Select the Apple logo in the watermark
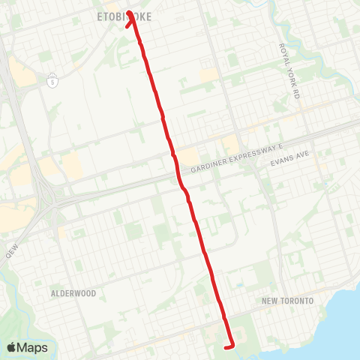pyautogui.click(x=12, y=348)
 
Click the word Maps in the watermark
pyautogui.click(x=33, y=348)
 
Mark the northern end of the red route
pyautogui.click(x=129, y=13)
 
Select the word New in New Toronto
pyautogui.click(x=269, y=301)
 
